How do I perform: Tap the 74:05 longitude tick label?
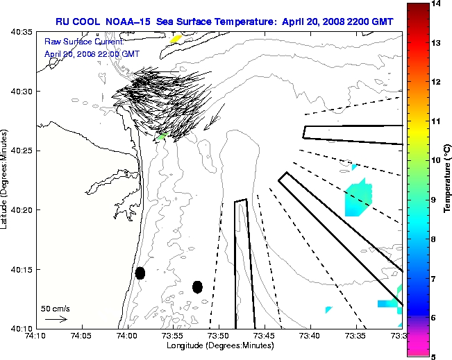click(81, 335)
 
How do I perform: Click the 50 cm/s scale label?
click(56, 308)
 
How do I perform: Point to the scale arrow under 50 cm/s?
click(56, 319)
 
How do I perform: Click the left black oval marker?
click(140, 273)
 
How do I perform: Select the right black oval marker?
click(197, 286)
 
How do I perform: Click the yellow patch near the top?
click(176, 39)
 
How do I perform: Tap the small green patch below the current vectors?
click(162, 138)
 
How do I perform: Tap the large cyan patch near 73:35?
click(358, 198)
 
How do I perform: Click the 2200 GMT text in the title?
click(369, 22)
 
